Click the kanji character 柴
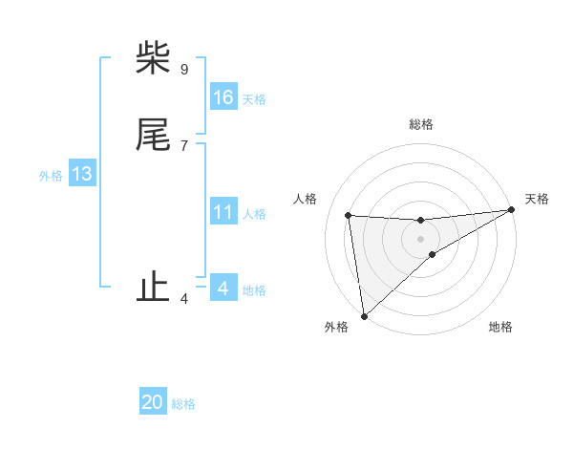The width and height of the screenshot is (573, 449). click(154, 59)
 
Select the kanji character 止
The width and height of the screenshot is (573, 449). click(154, 288)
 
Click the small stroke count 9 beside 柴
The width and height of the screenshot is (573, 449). click(183, 69)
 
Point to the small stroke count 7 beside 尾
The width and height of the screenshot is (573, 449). click(183, 145)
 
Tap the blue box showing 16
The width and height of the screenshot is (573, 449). click(223, 97)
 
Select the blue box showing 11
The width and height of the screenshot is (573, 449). click(223, 212)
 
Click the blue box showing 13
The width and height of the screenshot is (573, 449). click(81, 174)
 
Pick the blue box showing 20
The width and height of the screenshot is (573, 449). click(153, 402)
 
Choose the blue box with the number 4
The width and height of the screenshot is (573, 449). click(223, 288)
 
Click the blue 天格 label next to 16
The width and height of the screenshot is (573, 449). click(254, 99)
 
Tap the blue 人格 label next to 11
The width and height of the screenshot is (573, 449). click(254, 214)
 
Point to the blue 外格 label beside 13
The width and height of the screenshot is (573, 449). click(51, 176)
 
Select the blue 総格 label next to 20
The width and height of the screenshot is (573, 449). click(183, 404)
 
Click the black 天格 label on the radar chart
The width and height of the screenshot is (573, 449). click(537, 199)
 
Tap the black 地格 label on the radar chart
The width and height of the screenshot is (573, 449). click(500, 327)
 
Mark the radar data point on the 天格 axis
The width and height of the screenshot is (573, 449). click(511, 210)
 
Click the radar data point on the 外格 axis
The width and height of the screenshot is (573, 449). click(364, 316)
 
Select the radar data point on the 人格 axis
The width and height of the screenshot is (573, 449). click(348, 215)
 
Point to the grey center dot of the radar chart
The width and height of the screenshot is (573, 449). click(420, 238)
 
